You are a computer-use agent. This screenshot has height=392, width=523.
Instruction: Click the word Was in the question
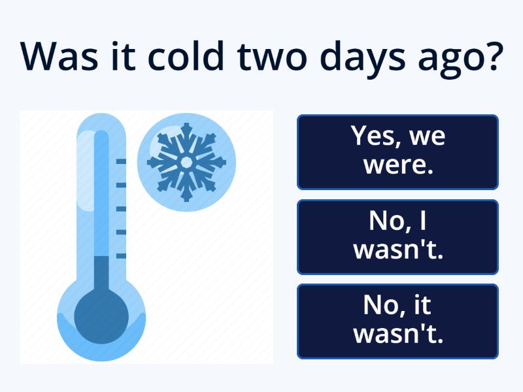click(x=59, y=56)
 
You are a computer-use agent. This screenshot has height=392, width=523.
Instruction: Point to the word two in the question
click(x=271, y=57)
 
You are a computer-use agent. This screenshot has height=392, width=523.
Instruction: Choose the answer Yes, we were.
click(x=397, y=152)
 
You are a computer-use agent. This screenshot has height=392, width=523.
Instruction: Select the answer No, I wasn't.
click(x=397, y=237)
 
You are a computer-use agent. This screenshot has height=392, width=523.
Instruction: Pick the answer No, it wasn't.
click(x=397, y=321)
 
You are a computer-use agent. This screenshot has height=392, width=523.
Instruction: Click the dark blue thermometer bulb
click(x=101, y=317)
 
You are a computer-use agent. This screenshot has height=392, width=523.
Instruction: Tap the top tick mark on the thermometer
click(x=121, y=161)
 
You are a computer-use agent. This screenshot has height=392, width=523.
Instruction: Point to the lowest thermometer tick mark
click(x=121, y=256)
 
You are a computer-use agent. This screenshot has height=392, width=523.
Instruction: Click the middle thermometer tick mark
click(x=121, y=209)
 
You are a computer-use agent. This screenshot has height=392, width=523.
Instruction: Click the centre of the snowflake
click(x=186, y=163)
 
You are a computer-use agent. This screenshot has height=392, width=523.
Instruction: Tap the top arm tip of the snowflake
click(x=186, y=125)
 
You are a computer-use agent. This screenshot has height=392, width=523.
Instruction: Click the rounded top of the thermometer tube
click(x=101, y=122)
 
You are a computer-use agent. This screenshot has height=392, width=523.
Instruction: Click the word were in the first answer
click(x=398, y=165)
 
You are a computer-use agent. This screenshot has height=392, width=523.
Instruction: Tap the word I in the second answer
click(x=423, y=221)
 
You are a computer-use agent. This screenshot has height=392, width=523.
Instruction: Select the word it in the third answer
click(x=422, y=304)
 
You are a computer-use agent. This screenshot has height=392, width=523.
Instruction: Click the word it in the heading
click(x=124, y=56)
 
